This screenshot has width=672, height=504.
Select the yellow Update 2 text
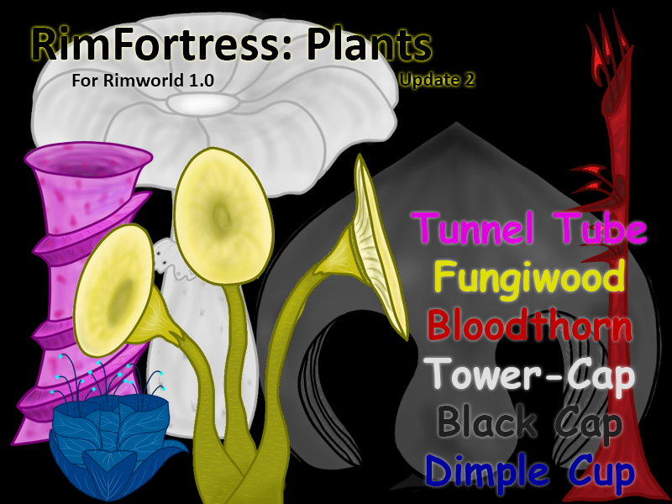coord(438,81)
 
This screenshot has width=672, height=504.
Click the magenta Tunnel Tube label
coord(530,228)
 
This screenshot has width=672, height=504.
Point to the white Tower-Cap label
coord(530,376)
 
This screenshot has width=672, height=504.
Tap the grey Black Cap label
coord(530,424)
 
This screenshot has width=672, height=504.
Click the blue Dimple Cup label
coord(530,472)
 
